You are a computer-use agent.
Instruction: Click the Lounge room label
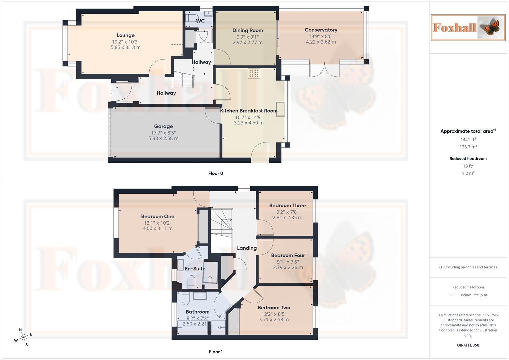click(126, 35)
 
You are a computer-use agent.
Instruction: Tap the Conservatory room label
click(321, 30)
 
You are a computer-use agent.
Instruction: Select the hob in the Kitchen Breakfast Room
click(254, 73)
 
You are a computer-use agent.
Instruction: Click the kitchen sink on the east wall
click(281, 109)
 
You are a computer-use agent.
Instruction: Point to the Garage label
click(163, 126)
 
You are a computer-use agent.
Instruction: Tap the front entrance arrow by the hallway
click(112, 92)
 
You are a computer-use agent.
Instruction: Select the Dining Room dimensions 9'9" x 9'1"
click(247, 37)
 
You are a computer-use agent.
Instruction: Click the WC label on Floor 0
click(200, 21)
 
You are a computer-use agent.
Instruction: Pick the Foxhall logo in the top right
click(468, 28)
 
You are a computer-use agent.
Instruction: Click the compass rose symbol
click(23, 337)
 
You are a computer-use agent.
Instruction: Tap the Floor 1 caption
click(216, 352)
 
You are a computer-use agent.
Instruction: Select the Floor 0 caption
click(216, 173)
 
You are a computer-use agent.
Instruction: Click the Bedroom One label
click(158, 217)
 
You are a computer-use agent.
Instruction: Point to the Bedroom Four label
click(288, 255)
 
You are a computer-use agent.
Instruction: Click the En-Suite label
click(195, 269)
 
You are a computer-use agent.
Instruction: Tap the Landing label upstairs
click(247, 248)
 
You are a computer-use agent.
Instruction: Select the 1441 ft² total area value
click(468, 140)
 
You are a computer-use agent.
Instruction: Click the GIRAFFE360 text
click(468, 345)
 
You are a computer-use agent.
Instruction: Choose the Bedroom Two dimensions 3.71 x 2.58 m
click(274, 320)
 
